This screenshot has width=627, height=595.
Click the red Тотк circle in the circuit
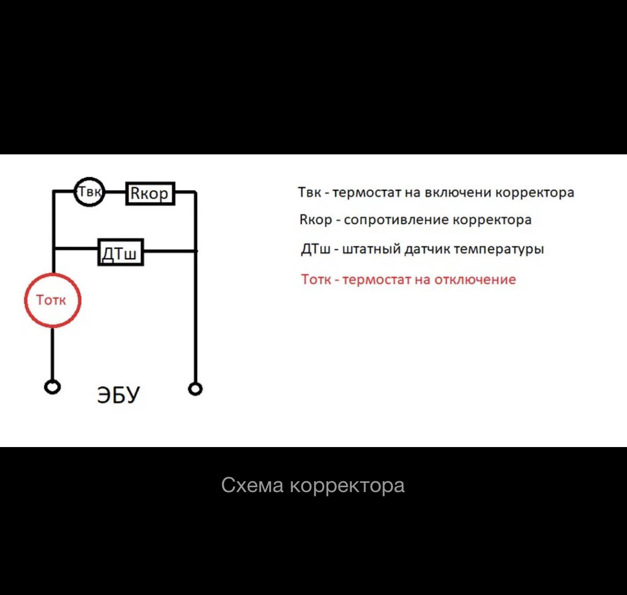click(53, 300)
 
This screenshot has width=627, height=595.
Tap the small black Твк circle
click(89, 192)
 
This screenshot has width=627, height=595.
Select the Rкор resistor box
click(150, 193)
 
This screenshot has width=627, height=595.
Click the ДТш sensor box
click(121, 251)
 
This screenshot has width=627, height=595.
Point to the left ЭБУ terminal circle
click(52, 387)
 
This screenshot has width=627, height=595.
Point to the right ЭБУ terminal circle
click(196, 388)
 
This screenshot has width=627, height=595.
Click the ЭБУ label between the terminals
click(118, 395)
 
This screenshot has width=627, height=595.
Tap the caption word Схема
click(252, 486)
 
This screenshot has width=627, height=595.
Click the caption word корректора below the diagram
click(347, 486)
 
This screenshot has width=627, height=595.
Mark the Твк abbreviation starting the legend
click(309, 192)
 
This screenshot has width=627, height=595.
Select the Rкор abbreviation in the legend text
click(316, 220)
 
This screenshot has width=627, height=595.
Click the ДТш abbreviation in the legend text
click(316, 249)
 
